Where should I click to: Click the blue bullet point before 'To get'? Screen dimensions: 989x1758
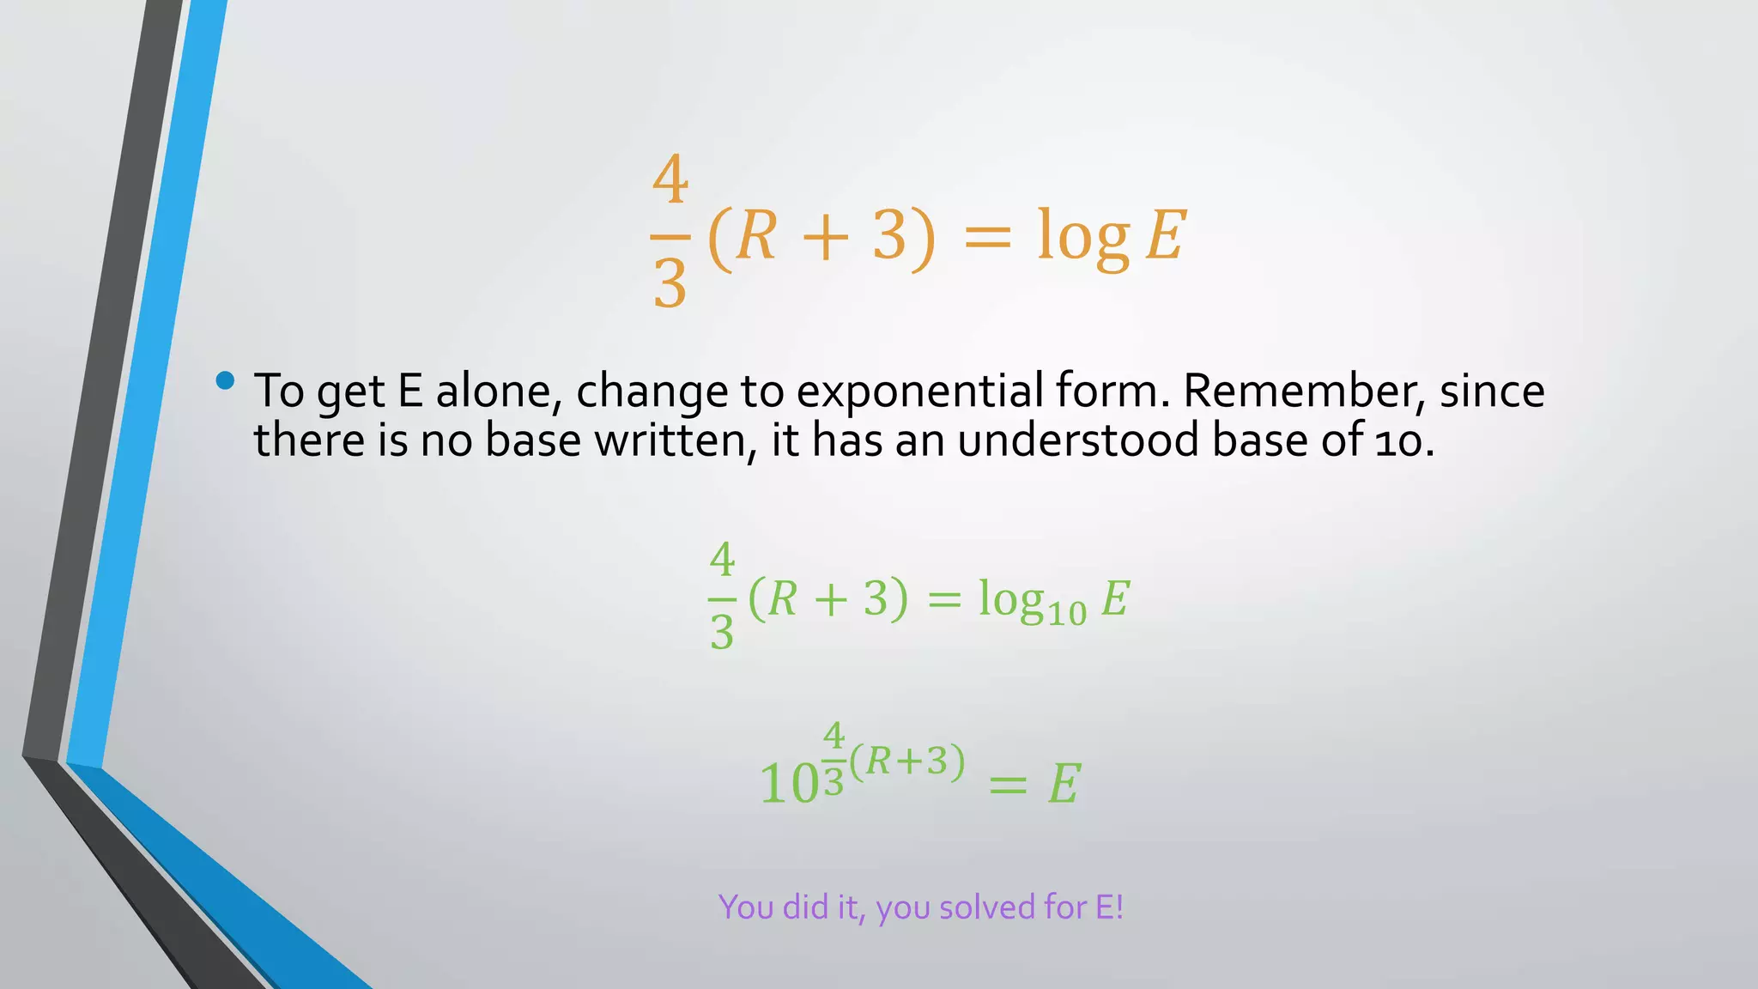(x=226, y=380)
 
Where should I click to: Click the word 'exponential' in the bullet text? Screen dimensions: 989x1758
(x=919, y=391)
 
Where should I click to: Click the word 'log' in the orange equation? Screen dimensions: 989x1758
(x=1082, y=236)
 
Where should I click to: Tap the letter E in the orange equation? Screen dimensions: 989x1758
(x=1166, y=236)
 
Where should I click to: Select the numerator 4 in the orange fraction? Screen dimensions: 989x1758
(x=670, y=179)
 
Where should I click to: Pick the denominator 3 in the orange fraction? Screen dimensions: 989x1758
(x=670, y=284)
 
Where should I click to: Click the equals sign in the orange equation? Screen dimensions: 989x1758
(x=988, y=236)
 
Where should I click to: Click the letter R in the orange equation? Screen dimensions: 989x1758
(x=756, y=236)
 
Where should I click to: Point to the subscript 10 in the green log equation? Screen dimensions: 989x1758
(x=1067, y=613)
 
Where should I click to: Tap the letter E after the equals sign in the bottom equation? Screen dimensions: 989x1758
(x=1064, y=784)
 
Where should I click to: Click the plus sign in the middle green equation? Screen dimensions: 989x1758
(x=830, y=599)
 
